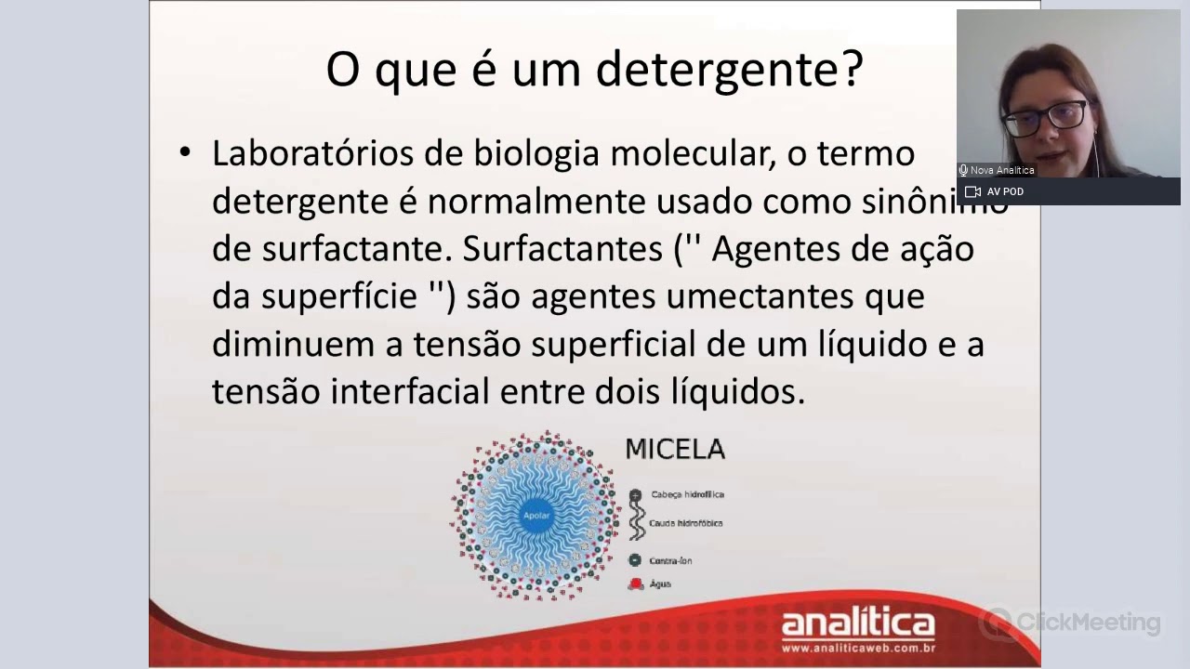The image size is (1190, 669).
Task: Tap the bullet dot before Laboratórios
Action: pos(185,152)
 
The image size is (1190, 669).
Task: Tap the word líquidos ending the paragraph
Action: pos(737,391)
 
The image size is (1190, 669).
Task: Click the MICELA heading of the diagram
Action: pos(675,450)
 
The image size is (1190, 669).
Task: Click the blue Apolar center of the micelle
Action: pos(536,515)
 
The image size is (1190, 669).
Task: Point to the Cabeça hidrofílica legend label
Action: pos(687,495)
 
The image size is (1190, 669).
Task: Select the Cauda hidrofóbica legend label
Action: pos(685,523)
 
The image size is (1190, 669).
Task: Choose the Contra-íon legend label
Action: pos(670,561)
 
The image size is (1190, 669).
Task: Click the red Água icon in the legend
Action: pos(636,584)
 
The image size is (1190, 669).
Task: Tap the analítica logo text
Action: pos(858,623)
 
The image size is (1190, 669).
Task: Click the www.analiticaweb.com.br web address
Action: pos(858,646)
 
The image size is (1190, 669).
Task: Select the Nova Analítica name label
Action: pos(1002,171)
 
